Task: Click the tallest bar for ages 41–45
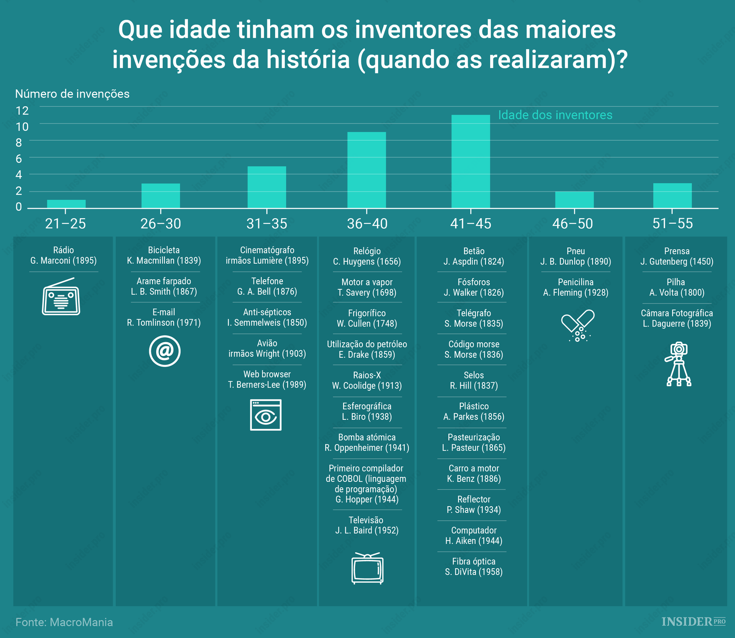[x=470, y=162]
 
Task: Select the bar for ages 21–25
[x=66, y=204]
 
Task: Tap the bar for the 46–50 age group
[x=574, y=200]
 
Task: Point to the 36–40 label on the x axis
[x=367, y=224]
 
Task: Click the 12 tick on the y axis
[x=22, y=110]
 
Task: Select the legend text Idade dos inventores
[x=555, y=115]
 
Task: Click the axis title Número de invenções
[x=72, y=94]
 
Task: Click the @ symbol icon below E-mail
[x=164, y=351]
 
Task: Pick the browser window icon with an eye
[x=266, y=415]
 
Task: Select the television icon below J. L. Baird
[x=367, y=569]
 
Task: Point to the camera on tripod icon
[x=678, y=364]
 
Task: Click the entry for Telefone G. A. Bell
[x=267, y=286]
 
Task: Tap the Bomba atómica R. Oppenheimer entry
[x=367, y=442]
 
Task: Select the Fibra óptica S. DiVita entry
[x=474, y=566]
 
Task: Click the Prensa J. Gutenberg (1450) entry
[x=677, y=256]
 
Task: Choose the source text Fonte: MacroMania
[x=64, y=622]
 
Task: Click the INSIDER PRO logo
[x=693, y=621]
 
